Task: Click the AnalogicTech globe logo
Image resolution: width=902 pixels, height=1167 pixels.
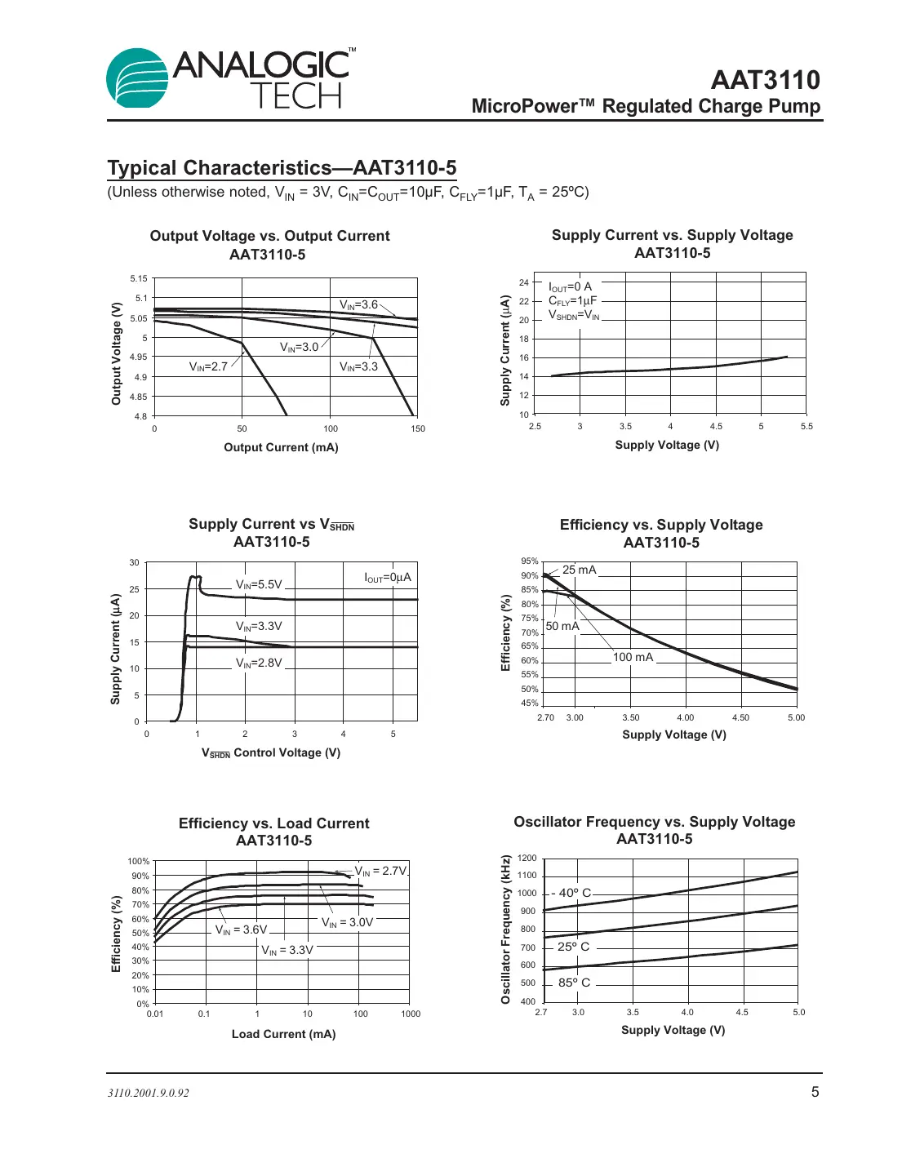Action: pos(137,78)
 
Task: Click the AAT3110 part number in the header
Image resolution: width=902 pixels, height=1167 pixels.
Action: pos(765,80)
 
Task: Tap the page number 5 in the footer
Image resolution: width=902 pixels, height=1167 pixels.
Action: pos(814,1092)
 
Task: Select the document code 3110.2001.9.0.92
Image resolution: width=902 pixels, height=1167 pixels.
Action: pos(149,1093)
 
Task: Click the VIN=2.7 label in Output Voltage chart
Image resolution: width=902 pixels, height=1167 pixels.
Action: pos(208,366)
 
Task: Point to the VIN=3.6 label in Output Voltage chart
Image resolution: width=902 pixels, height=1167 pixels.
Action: pos(358,304)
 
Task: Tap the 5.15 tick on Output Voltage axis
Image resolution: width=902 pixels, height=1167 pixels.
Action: pos(139,278)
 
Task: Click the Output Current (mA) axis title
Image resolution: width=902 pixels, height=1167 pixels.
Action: pos(281,447)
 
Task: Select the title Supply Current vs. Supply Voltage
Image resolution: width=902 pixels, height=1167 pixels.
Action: pos(672,235)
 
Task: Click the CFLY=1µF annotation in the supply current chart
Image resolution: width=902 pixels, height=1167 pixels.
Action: pos(572,300)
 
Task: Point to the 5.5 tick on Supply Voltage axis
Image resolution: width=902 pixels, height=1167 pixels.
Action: pos(806,426)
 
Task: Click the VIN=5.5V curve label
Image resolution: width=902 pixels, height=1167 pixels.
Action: pos(259,584)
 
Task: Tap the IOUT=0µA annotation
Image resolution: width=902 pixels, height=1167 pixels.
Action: pos(388,577)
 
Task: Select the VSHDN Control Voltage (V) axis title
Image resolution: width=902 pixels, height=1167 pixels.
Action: pos(271,752)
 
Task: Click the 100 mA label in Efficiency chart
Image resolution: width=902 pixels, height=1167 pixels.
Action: pos(633,657)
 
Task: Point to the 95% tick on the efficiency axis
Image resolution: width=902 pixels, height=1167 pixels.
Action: pos(530,561)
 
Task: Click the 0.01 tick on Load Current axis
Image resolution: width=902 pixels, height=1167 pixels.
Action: pos(154,1014)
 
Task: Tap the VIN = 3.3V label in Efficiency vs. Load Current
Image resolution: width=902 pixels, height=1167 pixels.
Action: pos(287,950)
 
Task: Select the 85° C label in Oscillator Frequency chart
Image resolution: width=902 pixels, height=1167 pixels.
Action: pos(574,983)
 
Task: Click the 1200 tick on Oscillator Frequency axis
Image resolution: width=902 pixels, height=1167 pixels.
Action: pos(527,858)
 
